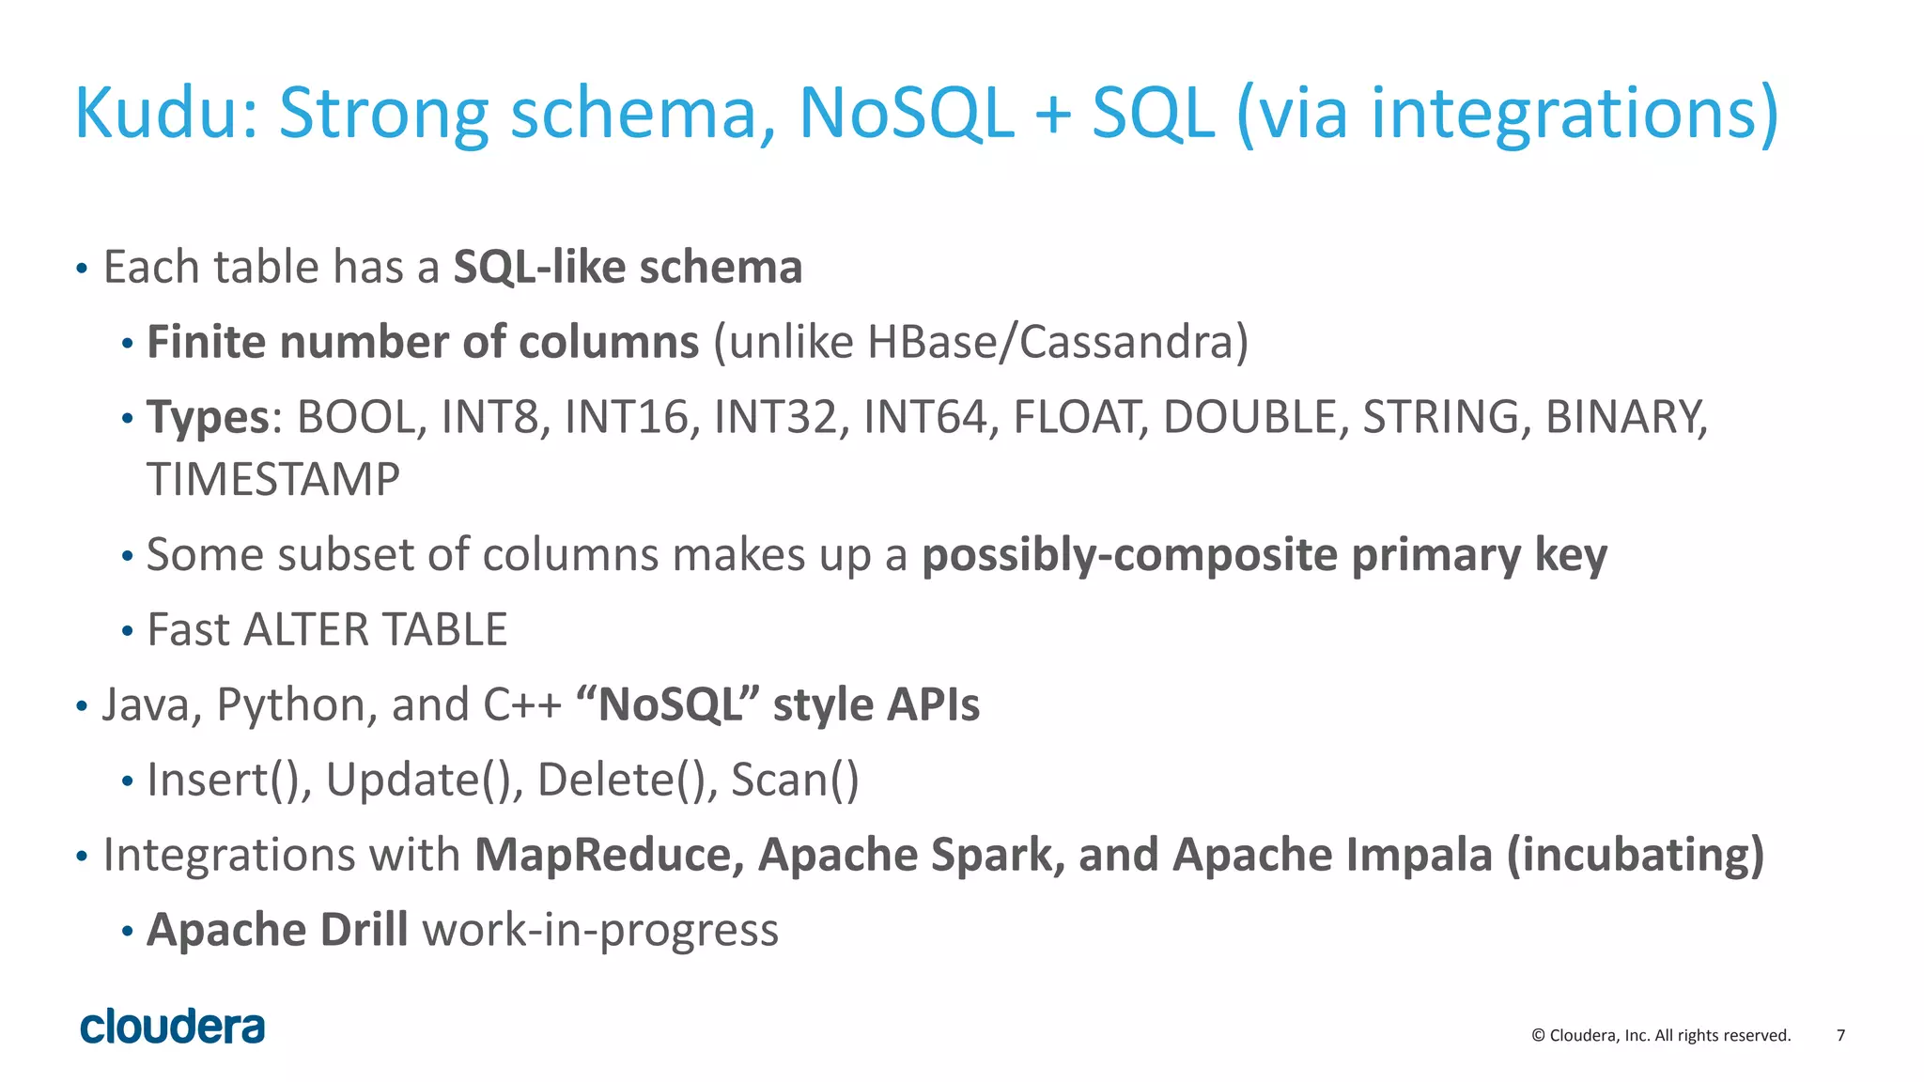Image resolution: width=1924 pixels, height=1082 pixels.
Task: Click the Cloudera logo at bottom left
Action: tap(173, 1027)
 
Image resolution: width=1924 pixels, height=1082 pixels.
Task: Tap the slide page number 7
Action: tap(1840, 1035)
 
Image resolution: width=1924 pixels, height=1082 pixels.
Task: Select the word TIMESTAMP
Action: tap(273, 480)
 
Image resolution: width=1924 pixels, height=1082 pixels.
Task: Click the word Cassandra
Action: tap(1125, 342)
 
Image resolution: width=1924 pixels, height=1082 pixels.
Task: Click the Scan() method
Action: tap(795, 781)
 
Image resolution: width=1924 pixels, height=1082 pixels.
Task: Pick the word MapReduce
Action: tap(608, 855)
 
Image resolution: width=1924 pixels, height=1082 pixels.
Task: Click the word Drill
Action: tap(364, 930)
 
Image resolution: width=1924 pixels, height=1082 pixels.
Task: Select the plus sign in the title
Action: tap(1052, 115)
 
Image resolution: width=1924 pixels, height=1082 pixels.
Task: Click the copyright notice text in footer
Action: tap(1661, 1035)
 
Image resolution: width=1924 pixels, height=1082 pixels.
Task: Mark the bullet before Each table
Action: tap(82, 270)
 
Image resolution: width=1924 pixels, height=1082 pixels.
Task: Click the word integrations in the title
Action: tap(1572, 114)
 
